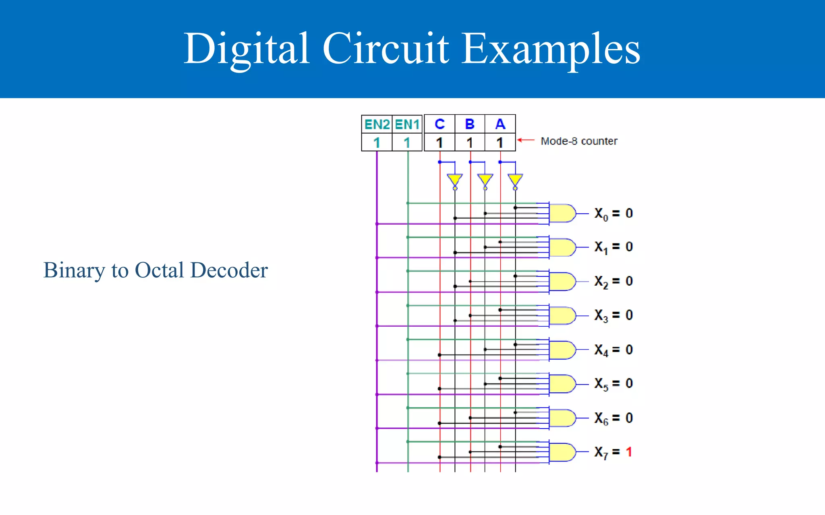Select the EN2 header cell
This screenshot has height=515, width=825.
pos(377,124)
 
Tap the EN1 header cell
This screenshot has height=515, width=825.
pos(407,124)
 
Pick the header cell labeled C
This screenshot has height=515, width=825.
pos(439,124)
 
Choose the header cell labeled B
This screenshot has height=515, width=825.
pos(470,124)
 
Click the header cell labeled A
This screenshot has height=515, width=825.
pos(500,124)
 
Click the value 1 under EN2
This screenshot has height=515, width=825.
pos(377,142)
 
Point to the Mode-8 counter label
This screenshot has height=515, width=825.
pos(578,141)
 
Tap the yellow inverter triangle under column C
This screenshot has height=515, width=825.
pos(455,179)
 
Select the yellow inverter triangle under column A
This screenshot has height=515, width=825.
pos(515,179)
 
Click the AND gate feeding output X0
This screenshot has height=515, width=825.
pos(562,213)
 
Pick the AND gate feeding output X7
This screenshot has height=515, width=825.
pos(562,452)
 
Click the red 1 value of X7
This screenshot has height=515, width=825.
pos(629,452)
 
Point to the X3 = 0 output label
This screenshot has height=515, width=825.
pos(613,315)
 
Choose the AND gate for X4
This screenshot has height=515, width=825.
pos(562,350)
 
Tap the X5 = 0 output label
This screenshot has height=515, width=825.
pos(613,384)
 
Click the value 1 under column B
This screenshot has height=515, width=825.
pos(470,142)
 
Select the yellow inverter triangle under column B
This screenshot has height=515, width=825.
pos(485,179)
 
